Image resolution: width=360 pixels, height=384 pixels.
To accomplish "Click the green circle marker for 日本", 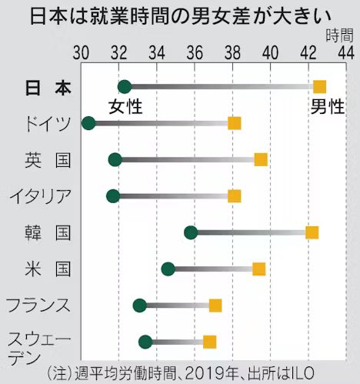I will pyautogui.click(x=125, y=87).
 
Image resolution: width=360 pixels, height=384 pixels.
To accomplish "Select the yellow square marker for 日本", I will pyautogui.click(x=319, y=87).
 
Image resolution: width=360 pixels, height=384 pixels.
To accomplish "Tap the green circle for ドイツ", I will pyautogui.click(x=88, y=123).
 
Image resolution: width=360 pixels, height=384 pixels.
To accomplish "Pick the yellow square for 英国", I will pyautogui.click(x=261, y=159).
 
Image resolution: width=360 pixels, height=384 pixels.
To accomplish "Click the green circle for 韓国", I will pyautogui.click(x=191, y=232).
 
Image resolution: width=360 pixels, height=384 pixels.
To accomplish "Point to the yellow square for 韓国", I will pyautogui.click(x=312, y=232).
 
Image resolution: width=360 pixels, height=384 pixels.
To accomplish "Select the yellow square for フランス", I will pyautogui.click(x=215, y=306).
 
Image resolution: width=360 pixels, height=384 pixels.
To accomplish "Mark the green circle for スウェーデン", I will pyautogui.click(x=145, y=342).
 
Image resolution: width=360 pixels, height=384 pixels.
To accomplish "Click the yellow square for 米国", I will pyautogui.click(x=259, y=269).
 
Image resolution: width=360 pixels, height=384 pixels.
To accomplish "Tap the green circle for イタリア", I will pyautogui.click(x=113, y=196).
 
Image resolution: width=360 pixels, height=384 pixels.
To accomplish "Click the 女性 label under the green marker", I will pyautogui.click(x=125, y=106).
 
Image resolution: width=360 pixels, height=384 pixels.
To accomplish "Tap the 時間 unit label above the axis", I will pyautogui.click(x=338, y=35).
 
